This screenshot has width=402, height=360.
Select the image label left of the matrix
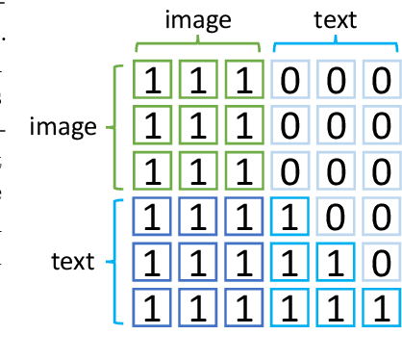(64, 127)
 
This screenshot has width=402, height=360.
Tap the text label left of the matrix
(72, 261)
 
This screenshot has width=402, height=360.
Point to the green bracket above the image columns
(198, 45)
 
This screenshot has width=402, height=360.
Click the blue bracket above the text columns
(335, 45)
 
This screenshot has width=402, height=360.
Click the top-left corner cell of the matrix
(152, 82)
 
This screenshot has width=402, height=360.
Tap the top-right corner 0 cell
(381, 82)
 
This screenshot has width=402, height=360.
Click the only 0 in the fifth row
(381, 262)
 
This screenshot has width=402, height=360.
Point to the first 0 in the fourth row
(336, 217)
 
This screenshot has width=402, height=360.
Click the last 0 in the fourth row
(381, 217)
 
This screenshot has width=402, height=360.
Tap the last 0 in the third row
(381, 171)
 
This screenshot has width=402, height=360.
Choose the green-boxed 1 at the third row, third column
(243, 171)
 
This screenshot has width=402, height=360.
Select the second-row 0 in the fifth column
(336, 126)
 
